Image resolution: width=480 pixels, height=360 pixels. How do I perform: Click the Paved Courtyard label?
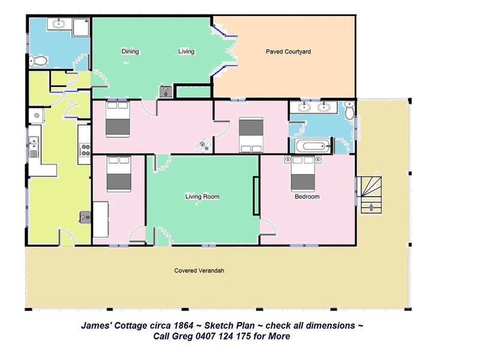pyautogui.click(x=288, y=52)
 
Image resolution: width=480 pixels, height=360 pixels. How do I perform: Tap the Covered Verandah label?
pyautogui.click(x=199, y=271)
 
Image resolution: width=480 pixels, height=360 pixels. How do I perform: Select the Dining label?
pyautogui.click(x=130, y=52)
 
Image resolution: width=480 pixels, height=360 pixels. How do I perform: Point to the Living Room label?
pyautogui.click(x=202, y=197)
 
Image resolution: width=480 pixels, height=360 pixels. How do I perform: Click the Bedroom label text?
pyautogui.click(x=307, y=197)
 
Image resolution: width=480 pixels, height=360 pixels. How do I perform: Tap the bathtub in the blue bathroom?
pyautogui.click(x=313, y=146)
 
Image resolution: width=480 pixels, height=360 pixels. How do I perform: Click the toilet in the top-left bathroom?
pyautogui.click(x=38, y=61)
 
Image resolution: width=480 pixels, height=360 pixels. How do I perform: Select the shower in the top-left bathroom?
pyautogui.click(x=81, y=27)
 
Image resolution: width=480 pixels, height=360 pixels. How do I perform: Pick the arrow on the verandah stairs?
pyautogui.click(x=371, y=207)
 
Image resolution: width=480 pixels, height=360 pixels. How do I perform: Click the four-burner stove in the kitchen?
pyautogui.click(x=85, y=149)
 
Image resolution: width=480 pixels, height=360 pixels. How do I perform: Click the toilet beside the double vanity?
pyautogui.click(x=349, y=110)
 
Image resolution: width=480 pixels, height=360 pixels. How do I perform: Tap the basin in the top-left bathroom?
pyautogui.click(x=58, y=23)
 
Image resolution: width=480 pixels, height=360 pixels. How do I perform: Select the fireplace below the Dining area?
pyautogui.click(x=166, y=91)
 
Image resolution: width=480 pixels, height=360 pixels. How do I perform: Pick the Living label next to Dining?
pyautogui.click(x=187, y=52)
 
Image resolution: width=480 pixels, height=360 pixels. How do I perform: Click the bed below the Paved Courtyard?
pyautogui.click(x=251, y=134)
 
